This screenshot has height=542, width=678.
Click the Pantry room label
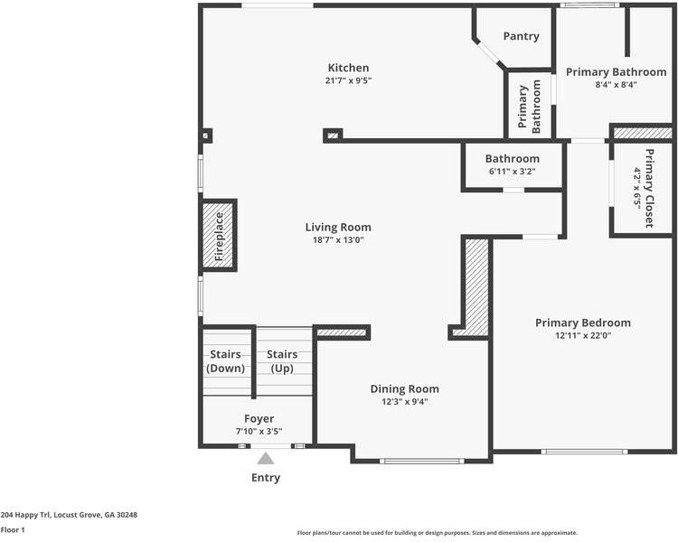click(521, 36)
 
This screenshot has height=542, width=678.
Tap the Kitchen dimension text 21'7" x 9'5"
click(349, 80)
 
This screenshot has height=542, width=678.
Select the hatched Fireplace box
click(219, 236)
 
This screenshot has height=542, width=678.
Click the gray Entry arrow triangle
click(266, 458)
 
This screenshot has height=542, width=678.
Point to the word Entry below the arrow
click(266, 478)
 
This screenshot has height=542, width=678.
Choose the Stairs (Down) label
click(225, 361)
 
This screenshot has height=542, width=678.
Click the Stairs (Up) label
click(282, 361)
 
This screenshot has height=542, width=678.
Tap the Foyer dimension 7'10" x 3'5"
click(259, 431)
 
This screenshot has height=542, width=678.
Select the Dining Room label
click(405, 389)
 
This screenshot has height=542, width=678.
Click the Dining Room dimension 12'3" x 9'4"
click(405, 401)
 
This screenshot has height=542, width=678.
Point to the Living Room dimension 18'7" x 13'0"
click(338, 240)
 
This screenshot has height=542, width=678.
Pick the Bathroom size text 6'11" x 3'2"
click(513, 171)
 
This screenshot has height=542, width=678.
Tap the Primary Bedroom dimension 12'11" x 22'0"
click(583, 335)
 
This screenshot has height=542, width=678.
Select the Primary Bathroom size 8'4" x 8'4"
click(617, 85)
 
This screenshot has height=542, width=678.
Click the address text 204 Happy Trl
click(25, 515)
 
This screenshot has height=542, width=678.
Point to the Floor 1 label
click(13, 530)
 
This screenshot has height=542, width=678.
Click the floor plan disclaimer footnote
click(438, 533)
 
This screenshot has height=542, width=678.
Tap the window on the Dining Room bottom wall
click(422, 462)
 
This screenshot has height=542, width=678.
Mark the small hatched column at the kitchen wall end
click(333, 135)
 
